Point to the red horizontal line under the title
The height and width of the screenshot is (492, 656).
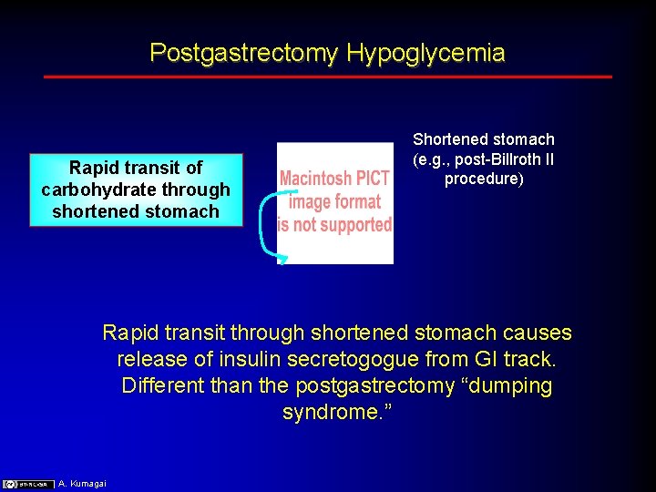tap(328, 77)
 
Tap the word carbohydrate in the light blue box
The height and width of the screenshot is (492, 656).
tap(136, 190)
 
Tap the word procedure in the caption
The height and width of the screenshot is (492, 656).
tap(483, 179)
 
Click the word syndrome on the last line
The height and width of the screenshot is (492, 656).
tap(323, 413)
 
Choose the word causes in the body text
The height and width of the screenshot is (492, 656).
tap(538, 333)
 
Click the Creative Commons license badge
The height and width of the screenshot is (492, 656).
tap(27, 484)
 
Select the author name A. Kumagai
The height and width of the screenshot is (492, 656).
tap(82, 484)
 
